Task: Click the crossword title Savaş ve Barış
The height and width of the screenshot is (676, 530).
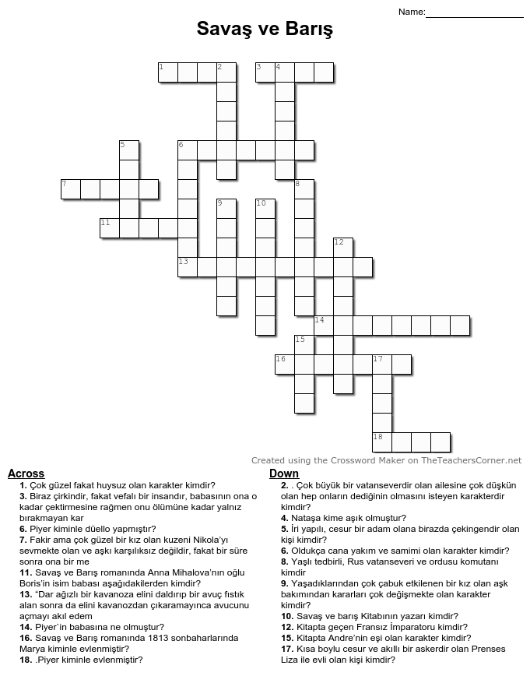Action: point(265,30)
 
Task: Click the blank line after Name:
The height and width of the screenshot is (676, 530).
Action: point(475,12)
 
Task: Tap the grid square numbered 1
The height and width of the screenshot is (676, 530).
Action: point(168,72)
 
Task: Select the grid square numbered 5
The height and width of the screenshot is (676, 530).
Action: point(129,150)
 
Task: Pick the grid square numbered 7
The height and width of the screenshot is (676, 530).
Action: point(71,189)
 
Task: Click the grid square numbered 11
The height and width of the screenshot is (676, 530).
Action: point(110,228)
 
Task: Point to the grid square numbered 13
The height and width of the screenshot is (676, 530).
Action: point(188,267)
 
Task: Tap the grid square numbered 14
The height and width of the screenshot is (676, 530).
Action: point(324,326)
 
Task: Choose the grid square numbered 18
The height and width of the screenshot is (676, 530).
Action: point(382,442)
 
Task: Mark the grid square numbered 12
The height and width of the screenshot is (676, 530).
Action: point(343,248)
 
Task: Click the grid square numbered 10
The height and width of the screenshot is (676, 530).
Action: point(265,209)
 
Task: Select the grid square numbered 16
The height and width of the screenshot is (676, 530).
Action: point(285,364)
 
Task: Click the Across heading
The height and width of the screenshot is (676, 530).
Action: point(26,474)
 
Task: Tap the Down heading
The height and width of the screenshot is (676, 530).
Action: point(284,474)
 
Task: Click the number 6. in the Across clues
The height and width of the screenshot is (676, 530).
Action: point(24,528)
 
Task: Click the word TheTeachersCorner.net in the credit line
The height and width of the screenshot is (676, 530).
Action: point(472,460)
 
